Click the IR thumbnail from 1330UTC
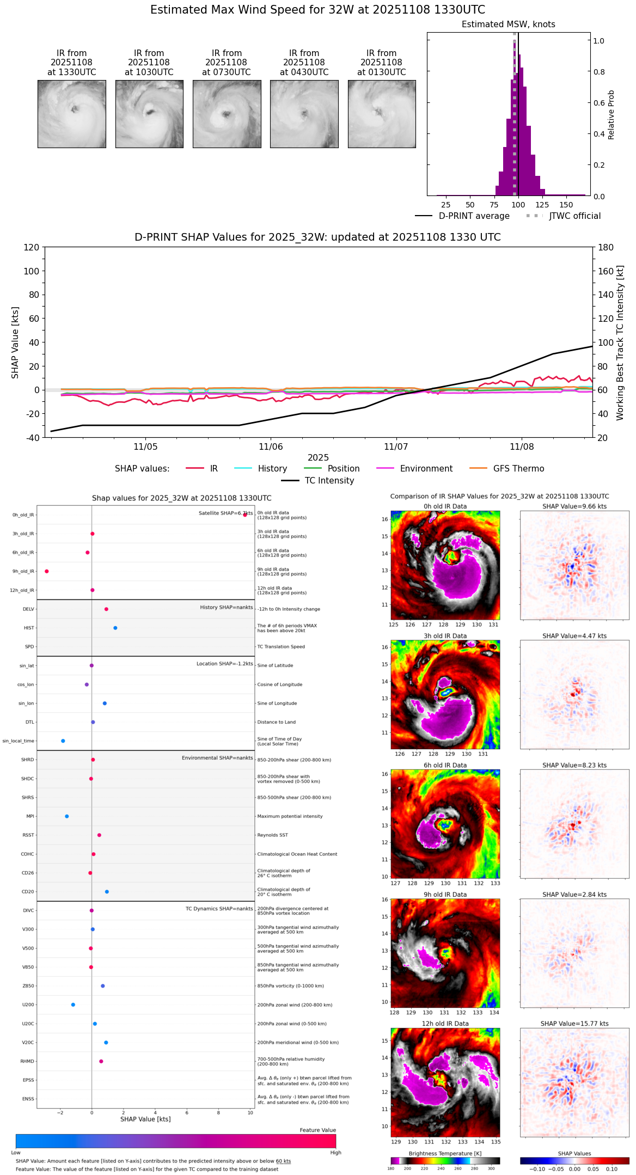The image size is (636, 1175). pyautogui.click(x=72, y=114)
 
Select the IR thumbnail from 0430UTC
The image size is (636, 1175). pyautogui.click(x=304, y=114)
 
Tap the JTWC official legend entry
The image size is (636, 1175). pyautogui.click(x=574, y=216)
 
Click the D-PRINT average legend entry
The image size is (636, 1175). pyautogui.click(x=474, y=216)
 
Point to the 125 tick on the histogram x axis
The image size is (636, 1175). pyautogui.click(x=542, y=205)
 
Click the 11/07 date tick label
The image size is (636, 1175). pyautogui.click(x=396, y=447)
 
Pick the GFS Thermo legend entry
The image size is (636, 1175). pyautogui.click(x=518, y=469)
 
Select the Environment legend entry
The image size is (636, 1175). pyautogui.click(x=426, y=469)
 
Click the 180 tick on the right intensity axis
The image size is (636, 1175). pyautogui.click(x=606, y=247)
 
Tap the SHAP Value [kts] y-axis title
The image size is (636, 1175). pyautogui.click(x=15, y=342)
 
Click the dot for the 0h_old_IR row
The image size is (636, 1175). pyautogui.click(x=245, y=515)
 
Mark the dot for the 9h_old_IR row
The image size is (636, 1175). pyautogui.click(x=47, y=571)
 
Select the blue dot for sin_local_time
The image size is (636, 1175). pyautogui.click(x=63, y=741)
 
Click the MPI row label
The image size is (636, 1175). pyautogui.click(x=30, y=816)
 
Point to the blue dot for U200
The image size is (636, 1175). pyautogui.click(x=73, y=1005)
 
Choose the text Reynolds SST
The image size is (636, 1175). pyautogui.click(x=273, y=835)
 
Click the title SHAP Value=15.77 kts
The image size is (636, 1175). pyautogui.click(x=574, y=1024)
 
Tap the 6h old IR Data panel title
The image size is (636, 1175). pyautogui.click(x=445, y=765)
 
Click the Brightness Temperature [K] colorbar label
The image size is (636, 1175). pyautogui.click(x=445, y=1153)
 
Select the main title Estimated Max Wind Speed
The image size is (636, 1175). pyautogui.click(x=317, y=10)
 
